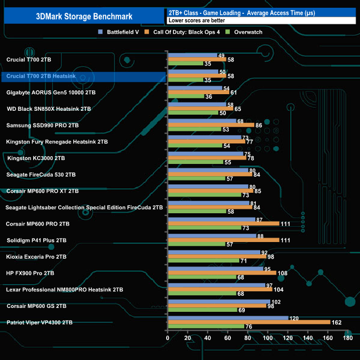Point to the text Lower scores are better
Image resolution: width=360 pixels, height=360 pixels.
(193, 20)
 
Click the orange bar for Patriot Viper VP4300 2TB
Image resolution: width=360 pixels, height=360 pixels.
(249, 322)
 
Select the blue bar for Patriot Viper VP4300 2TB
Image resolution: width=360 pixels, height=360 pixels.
(228, 318)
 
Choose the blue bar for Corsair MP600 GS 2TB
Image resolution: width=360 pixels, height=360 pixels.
(219, 302)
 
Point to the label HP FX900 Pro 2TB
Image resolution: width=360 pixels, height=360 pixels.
(33, 273)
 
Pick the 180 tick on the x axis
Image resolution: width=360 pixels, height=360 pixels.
(348, 338)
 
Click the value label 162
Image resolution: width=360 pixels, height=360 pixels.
(337, 322)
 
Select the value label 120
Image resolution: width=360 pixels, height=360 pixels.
(295, 318)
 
